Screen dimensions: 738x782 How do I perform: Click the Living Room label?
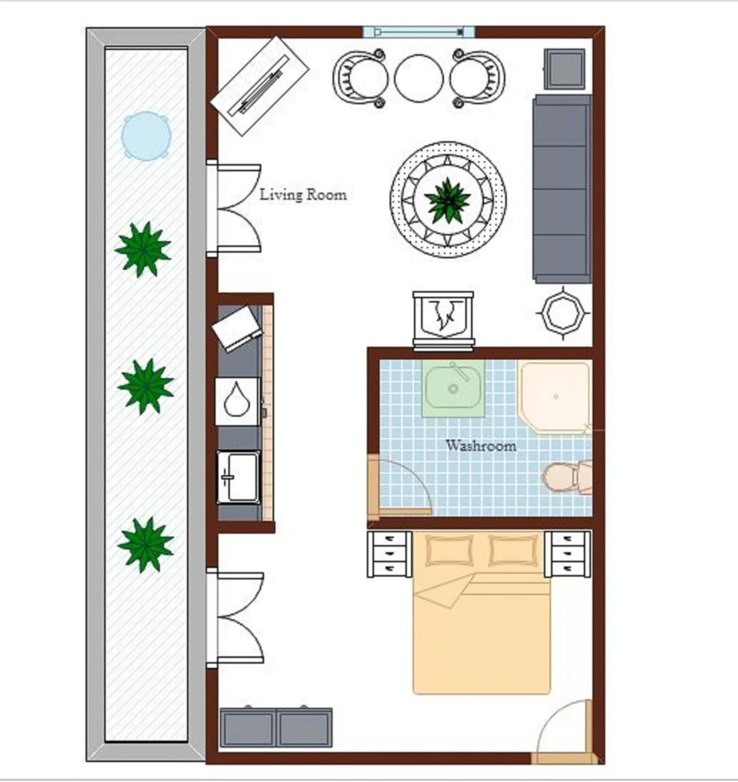pyautogui.click(x=303, y=195)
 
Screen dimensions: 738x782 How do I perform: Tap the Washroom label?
pyautogui.click(x=481, y=445)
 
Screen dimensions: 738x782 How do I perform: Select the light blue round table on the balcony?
pyautogui.click(x=146, y=136)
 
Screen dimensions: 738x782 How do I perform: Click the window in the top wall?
pyautogui.click(x=419, y=32)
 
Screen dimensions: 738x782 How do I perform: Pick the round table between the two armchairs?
pyautogui.click(x=419, y=78)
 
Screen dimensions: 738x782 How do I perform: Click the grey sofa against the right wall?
pyautogui.click(x=562, y=189)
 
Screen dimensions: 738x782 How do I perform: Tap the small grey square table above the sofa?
pyautogui.click(x=564, y=69)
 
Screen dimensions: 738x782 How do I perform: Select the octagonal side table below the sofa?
pyautogui.click(x=563, y=314)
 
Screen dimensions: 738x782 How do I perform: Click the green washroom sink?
pyautogui.click(x=453, y=388)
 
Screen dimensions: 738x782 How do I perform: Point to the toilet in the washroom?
pyautogui.click(x=566, y=477)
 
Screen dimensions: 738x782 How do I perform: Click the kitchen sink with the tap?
pyautogui.click(x=238, y=478)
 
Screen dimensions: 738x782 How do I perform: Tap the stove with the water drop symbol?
pyautogui.click(x=238, y=401)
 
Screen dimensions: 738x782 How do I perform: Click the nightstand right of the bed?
pyautogui.click(x=567, y=555)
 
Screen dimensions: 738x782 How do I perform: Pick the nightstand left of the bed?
pyautogui.click(x=389, y=555)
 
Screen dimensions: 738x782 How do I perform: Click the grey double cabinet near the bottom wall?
pyautogui.click(x=276, y=728)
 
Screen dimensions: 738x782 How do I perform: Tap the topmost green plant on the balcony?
pyautogui.click(x=143, y=249)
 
